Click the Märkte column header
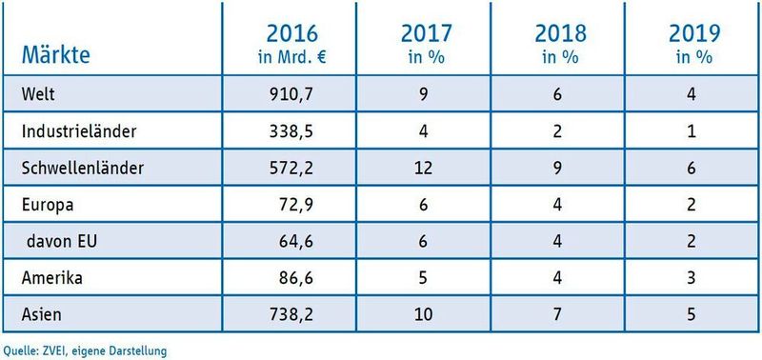[55, 55]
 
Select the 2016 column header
[292, 42]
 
